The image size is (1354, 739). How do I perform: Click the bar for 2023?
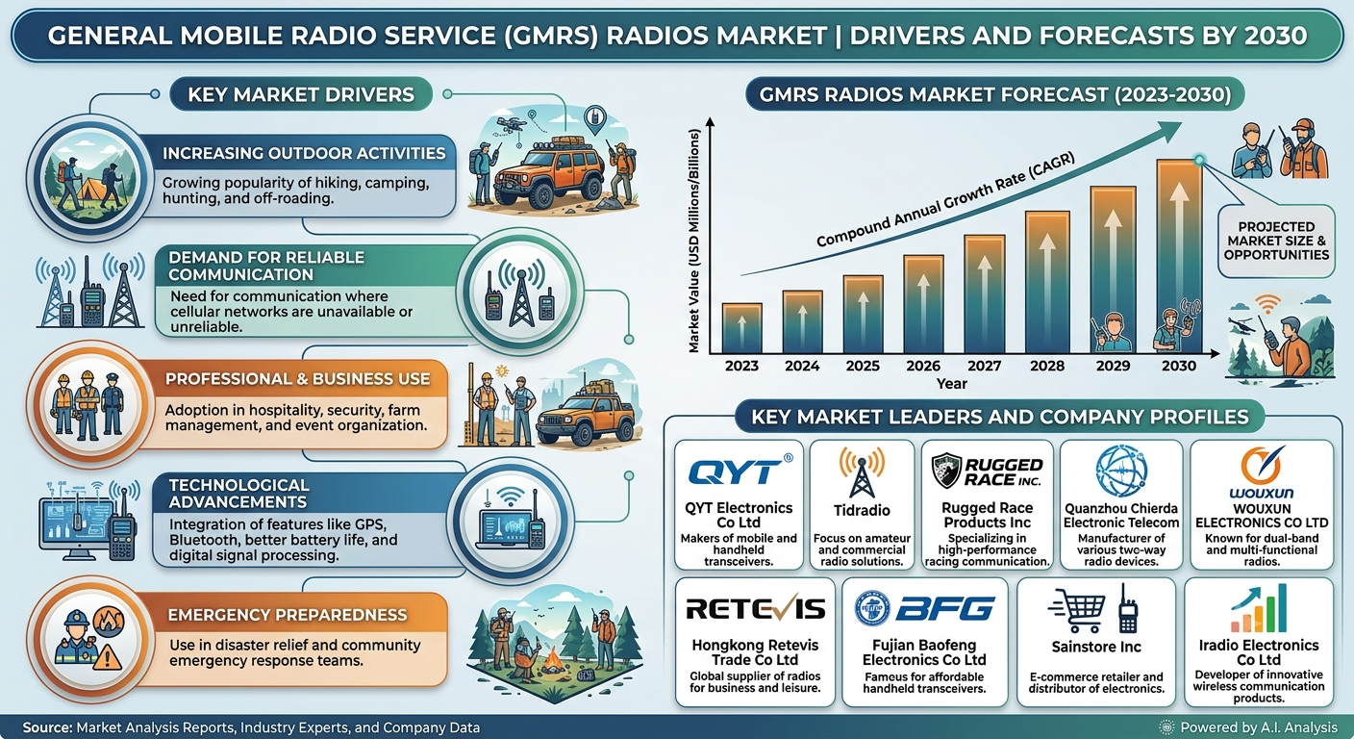click(741, 328)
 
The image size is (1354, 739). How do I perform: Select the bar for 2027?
click(985, 293)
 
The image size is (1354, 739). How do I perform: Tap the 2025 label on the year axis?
click(863, 366)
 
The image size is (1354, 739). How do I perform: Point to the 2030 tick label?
click(1179, 366)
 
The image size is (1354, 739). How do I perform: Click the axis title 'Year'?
click(951, 383)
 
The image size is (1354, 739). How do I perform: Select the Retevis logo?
click(756, 609)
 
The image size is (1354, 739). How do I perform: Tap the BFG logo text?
click(944, 608)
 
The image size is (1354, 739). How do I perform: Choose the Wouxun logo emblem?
click(1262, 465)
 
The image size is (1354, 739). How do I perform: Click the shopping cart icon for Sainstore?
click(1078, 610)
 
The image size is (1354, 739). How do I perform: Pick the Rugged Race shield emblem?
click(946, 471)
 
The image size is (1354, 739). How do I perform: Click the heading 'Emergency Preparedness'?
click(288, 615)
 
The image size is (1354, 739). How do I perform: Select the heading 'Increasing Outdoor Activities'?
click(304, 154)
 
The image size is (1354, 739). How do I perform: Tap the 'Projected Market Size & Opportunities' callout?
click(1276, 242)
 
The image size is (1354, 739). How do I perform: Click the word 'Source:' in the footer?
click(48, 727)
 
